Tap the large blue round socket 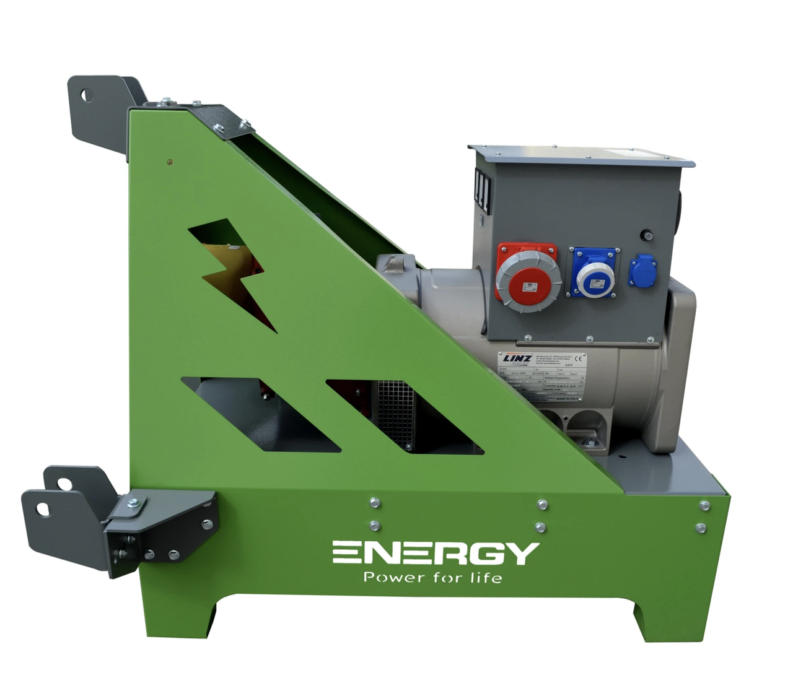(594, 272)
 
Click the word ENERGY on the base (436, 553)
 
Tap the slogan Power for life (432, 578)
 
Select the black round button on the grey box (646, 235)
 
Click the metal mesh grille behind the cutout (395, 412)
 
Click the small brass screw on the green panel (170, 163)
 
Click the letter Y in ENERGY (523, 553)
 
